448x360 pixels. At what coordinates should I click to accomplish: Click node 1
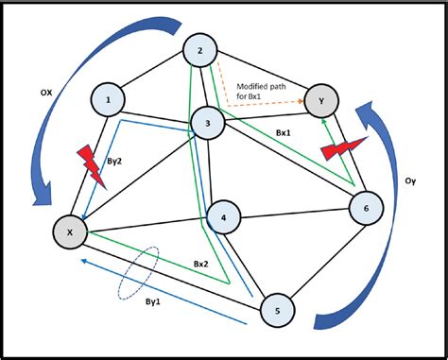110,99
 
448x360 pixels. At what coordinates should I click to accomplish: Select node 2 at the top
200,51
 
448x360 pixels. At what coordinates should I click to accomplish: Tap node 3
209,123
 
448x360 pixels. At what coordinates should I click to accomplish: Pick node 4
223,218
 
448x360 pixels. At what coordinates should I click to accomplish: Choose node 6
366,207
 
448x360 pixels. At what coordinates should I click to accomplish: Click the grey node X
68,230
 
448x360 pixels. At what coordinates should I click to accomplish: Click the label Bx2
201,263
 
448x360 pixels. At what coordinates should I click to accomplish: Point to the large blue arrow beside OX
38,142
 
